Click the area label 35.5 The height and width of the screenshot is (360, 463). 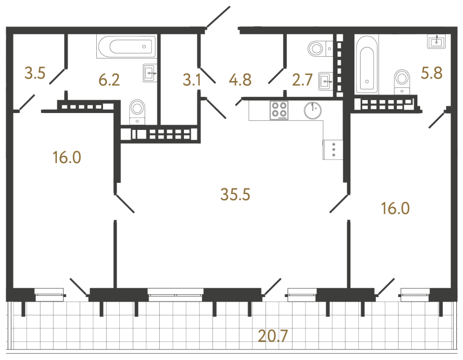click(x=236, y=195)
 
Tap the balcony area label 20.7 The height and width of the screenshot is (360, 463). click(x=273, y=337)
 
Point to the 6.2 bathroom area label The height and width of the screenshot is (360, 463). click(x=109, y=80)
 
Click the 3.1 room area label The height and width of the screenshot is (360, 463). click(x=192, y=80)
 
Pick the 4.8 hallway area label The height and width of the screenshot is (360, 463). click(x=240, y=80)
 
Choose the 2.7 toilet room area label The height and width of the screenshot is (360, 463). click(x=302, y=80)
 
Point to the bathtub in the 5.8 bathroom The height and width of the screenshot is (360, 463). click(x=366, y=63)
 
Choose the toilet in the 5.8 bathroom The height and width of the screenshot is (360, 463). click(x=402, y=80)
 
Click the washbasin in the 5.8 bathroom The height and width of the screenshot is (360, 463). click(x=437, y=42)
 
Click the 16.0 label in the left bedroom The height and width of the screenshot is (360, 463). click(x=67, y=157)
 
